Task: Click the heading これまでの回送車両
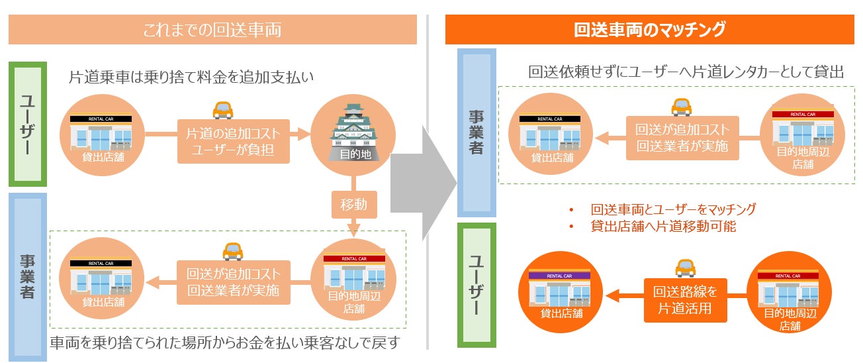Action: [212, 30]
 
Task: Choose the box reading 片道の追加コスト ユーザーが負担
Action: [234, 141]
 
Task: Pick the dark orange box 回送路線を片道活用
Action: [686, 299]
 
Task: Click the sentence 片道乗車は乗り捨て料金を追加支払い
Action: [191, 78]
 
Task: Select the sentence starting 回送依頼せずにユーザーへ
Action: [686, 72]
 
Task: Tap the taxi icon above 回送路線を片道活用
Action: [685, 268]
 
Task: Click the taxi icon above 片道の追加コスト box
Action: [222, 109]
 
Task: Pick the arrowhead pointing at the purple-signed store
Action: [612, 297]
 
